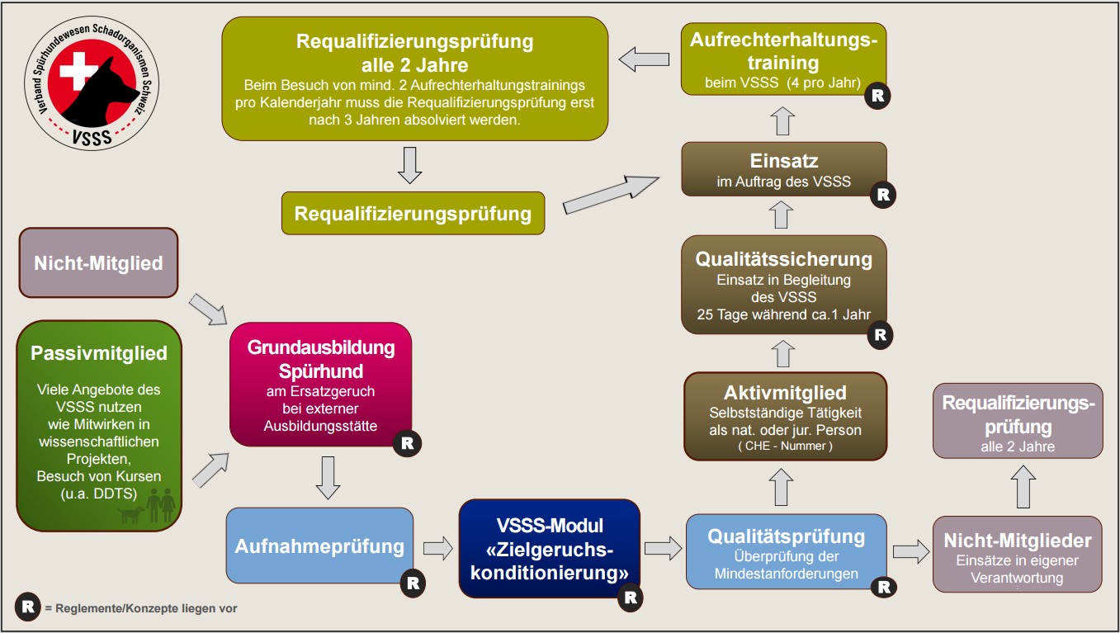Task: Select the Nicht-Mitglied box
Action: click(x=98, y=263)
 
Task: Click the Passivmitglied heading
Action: click(x=99, y=353)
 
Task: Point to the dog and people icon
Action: click(x=145, y=506)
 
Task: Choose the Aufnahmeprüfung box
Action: click(x=319, y=546)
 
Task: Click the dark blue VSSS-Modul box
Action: click(x=550, y=549)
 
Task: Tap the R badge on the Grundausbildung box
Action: click(x=407, y=443)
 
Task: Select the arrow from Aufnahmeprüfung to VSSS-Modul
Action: click(x=437, y=547)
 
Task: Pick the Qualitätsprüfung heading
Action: click(x=786, y=536)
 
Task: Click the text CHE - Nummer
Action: click(x=786, y=446)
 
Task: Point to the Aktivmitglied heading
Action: click(x=785, y=392)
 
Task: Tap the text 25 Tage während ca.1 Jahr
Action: click(x=784, y=314)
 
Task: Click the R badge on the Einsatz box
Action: click(x=882, y=195)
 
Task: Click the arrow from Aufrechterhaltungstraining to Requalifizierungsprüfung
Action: click(x=644, y=59)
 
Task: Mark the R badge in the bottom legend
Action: click(x=28, y=608)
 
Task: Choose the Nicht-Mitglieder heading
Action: click(x=1017, y=541)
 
